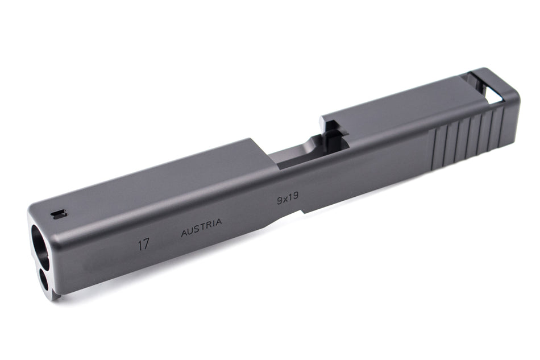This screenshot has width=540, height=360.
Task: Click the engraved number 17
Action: pyautogui.click(x=143, y=245)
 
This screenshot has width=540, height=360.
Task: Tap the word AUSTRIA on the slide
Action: pyautogui.click(x=201, y=227)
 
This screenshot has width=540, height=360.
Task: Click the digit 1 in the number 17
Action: pyautogui.click(x=139, y=245)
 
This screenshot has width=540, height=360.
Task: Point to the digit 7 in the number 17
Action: pyautogui.click(x=147, y=244)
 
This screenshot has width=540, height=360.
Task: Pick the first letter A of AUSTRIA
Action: pyautogui.click(x=184, y=232)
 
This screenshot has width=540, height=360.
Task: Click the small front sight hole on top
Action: pyautogui.click(x=59, y=214)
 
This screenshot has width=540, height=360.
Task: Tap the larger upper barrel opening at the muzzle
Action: pyautogui.click(x=39, y=246)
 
